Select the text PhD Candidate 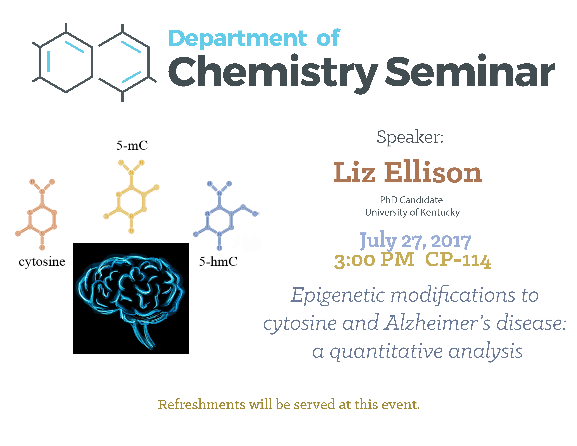click(x=411, y=200)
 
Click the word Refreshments click(x=202, y=405)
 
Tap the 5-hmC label click(x=218, y=262)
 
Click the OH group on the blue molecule click(x=256, y=213)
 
